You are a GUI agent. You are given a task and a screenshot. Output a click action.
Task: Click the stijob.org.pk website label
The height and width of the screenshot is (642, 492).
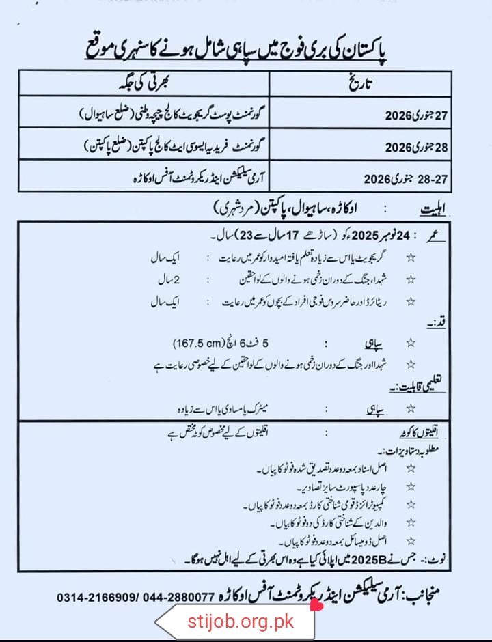pos(240,622)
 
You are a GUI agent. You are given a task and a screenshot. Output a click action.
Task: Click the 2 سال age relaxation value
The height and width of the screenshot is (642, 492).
pos(167,279)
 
